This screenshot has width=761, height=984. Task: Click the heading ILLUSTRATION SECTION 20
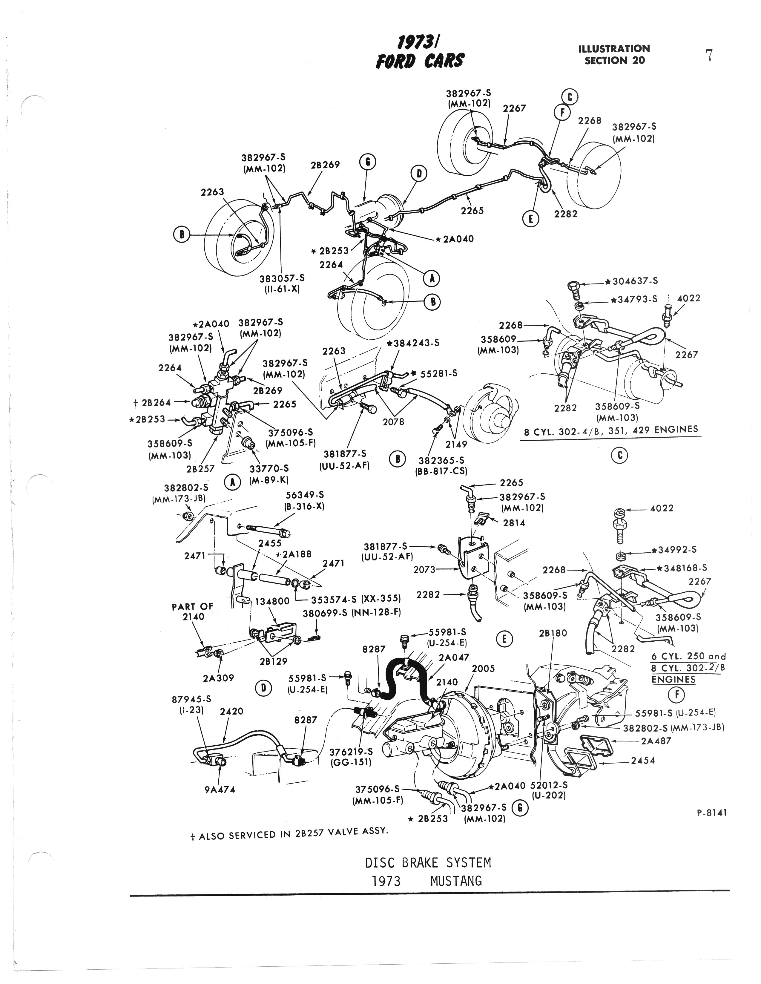pos(614,54)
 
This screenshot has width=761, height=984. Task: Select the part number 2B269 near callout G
pos(325,165)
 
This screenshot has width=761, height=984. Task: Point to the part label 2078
pos(393,422)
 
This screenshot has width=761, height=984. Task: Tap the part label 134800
pos(272,602)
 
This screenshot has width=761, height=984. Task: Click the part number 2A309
pos(219,678)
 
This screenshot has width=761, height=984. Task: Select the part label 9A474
pos(220,789)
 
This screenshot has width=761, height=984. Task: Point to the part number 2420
pos(231,712)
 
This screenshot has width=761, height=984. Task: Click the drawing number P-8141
pos(711,813)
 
